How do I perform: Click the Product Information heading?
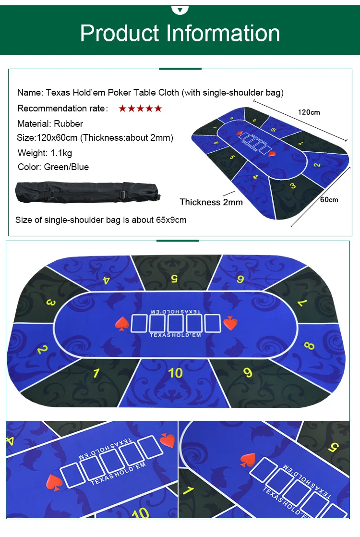[180, 33]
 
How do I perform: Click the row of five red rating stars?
[140, 109]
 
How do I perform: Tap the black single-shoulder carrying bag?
[89, 192]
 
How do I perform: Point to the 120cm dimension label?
[309, 112]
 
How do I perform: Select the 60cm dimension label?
[329, 199]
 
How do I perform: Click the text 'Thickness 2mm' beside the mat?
[211, 202]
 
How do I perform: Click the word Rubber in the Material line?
[68, 123]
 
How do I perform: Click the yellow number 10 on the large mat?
[176, 372]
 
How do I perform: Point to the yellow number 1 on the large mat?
[96, 373]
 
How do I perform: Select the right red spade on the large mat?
[230, 323]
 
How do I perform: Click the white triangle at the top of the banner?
[180, 9]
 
